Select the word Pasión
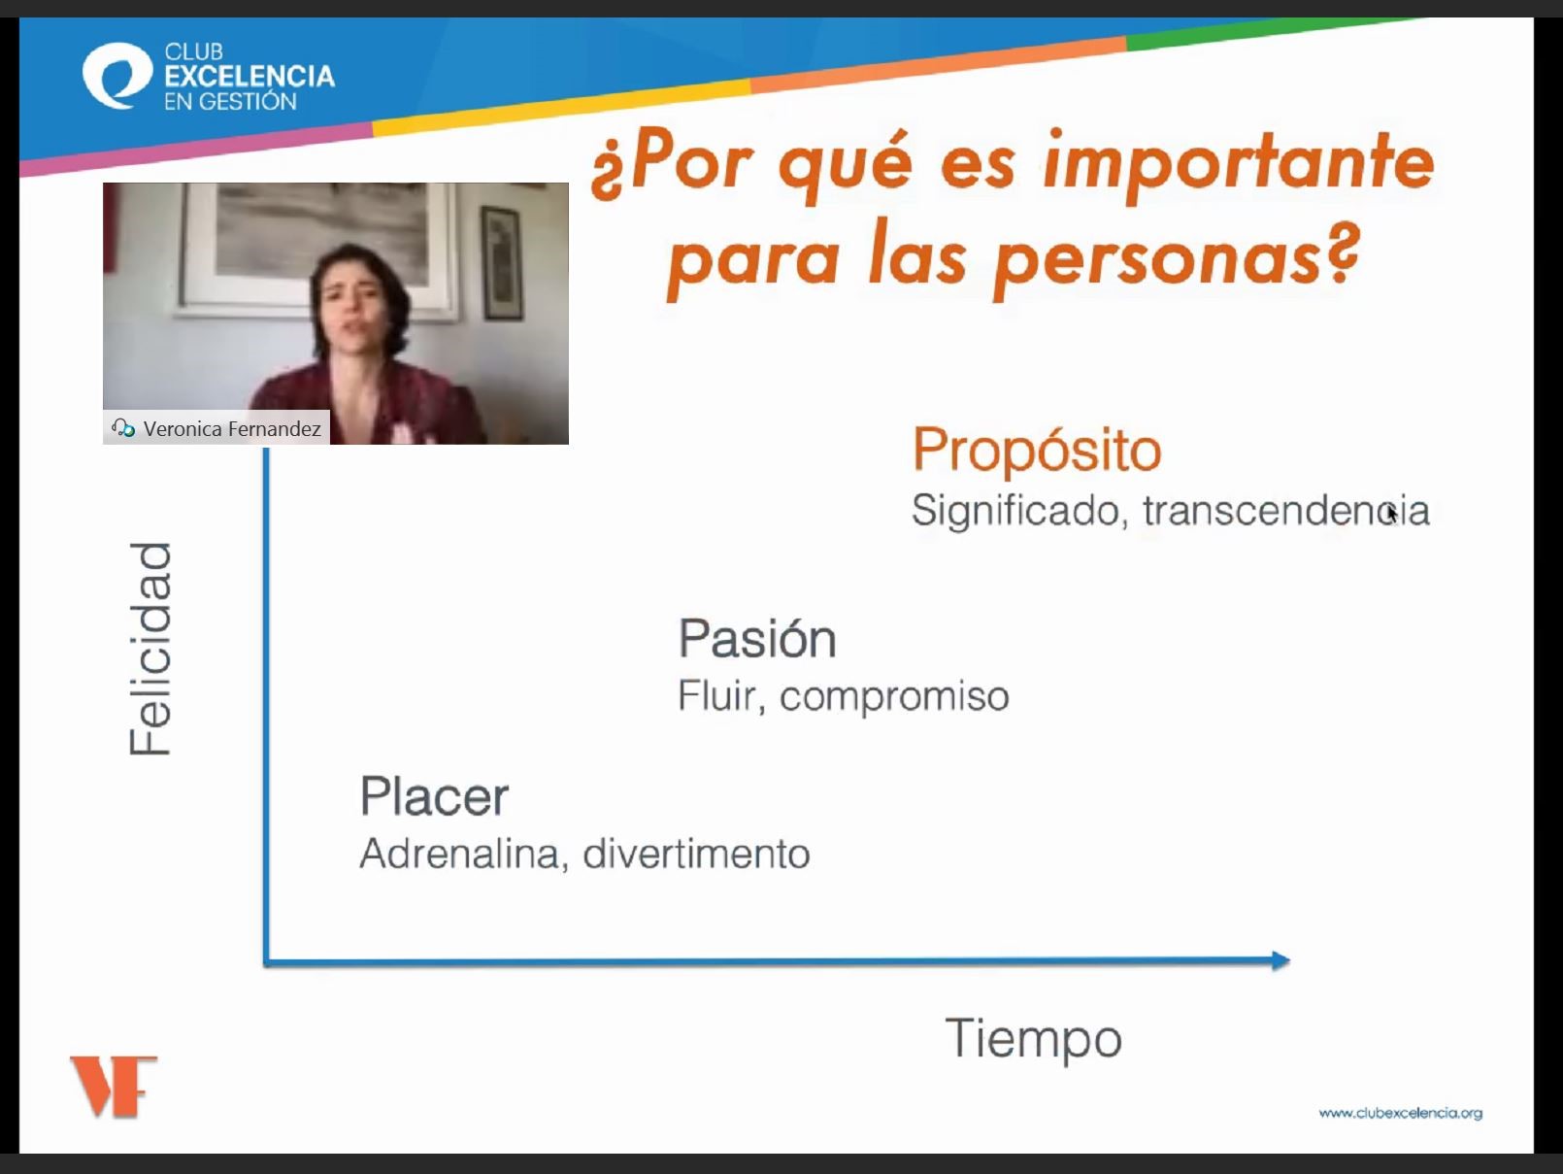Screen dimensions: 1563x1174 [x=757, y=638]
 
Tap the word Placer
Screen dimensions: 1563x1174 [x=434, y=796]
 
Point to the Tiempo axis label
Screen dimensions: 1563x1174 [x=1033, y=1039]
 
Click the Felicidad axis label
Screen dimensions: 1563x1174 [x=150, y=649]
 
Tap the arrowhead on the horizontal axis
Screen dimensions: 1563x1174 [x=1280, y=961]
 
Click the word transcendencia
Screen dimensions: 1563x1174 [x=1286, y=511]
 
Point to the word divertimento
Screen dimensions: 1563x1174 [x=696, y=854]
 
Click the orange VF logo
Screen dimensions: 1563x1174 [x=114, y=1087]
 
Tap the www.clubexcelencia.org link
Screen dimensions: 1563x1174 [x=1401, y=1113]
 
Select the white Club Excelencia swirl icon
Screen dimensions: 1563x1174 [x=117, y=76]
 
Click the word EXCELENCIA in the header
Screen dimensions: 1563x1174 [x=249, y=76]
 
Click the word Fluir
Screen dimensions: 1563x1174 [x=721, y=695]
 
